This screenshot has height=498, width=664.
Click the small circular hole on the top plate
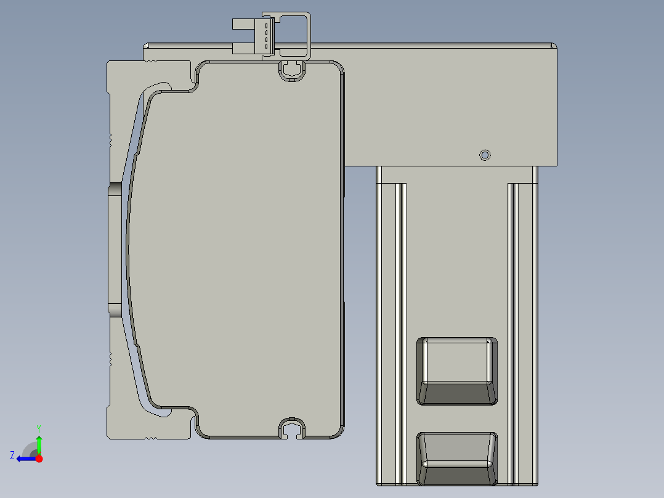[x=485, y=155]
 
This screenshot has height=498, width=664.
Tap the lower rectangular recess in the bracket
[x=457, y=459]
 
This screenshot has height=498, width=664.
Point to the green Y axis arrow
[x=39, y=443]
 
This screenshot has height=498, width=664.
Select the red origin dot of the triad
[x=39, y=459]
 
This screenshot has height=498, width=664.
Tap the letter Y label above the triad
[x=39, y=428]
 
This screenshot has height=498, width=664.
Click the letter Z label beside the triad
[x=12, y=455]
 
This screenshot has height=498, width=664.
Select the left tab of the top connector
[x=243, y=24]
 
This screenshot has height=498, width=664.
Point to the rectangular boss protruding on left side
[x=115, y=249]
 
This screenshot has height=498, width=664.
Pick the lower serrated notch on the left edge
[x=110, y=359]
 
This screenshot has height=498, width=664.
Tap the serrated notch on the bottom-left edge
[x=150, y=438]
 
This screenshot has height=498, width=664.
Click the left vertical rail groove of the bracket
[x=401, y=333]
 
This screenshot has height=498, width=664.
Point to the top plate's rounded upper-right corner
[x=553, y=46]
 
